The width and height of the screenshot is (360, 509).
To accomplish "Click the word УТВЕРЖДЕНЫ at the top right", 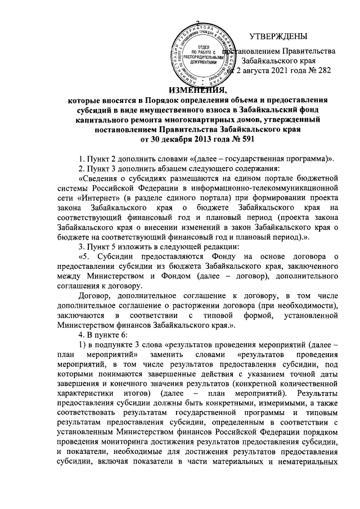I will [278, 37].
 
